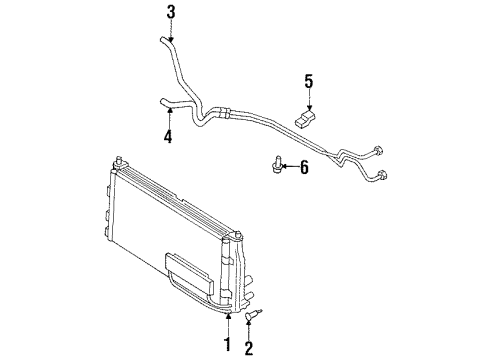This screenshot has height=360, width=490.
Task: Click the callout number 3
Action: (171, 12)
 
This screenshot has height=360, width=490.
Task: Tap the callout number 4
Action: (168, 137)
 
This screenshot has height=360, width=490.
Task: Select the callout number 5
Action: (309, 80)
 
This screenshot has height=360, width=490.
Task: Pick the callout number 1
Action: (228, 346)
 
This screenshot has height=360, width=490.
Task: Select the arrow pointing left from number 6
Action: (287, 166)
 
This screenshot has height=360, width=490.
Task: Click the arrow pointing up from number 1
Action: (228, 326)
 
